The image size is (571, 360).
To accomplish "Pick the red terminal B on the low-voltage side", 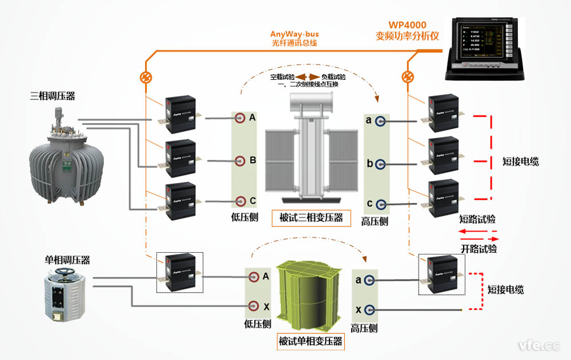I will click(x=241, y=161).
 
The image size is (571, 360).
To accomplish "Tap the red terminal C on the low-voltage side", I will click(x=241, y=201).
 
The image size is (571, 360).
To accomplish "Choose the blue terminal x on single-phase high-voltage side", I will click(x=371, y=310).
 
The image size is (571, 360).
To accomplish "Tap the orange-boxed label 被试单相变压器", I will click(x=311, y=342).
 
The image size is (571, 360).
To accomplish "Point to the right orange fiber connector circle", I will click(x=408, y=76).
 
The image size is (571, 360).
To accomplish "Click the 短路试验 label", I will click(x=477, y=219).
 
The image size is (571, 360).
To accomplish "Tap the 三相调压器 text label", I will click(x=52, y=96).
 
